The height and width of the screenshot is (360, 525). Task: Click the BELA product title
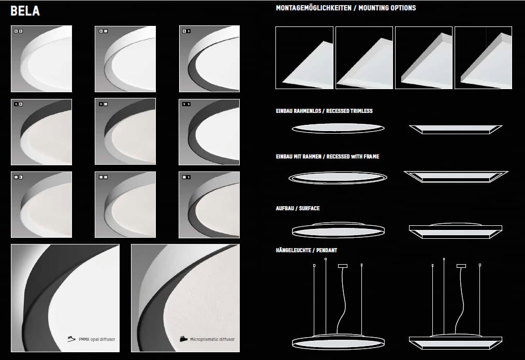tap(25, 11)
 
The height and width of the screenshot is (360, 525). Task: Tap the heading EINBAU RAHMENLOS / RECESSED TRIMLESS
tap(324, 111)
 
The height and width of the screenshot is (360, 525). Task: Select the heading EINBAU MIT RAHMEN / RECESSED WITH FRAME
tap(327, 156)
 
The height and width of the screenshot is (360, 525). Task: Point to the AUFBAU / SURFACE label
tap(297, 208)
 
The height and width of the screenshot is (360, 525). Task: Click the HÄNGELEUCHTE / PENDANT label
tap(306, 250)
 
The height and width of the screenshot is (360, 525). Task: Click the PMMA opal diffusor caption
tap(97, 339)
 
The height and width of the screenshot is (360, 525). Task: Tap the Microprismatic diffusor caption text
tap(212, 339)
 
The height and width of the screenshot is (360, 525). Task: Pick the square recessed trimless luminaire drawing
tap(456, 128)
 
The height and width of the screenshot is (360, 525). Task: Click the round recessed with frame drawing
tap(339, 178)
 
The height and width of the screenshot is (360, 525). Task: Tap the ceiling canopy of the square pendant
tap(461, 266)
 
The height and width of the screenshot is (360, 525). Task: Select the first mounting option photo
tap(304, 58)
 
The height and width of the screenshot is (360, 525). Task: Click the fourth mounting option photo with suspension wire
tap(483, 58)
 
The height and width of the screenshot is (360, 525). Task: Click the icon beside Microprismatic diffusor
tap(183, 339)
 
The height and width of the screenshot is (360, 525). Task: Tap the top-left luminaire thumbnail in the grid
tap(41, 59)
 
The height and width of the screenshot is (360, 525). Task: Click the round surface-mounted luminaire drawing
tap(338, 229)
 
